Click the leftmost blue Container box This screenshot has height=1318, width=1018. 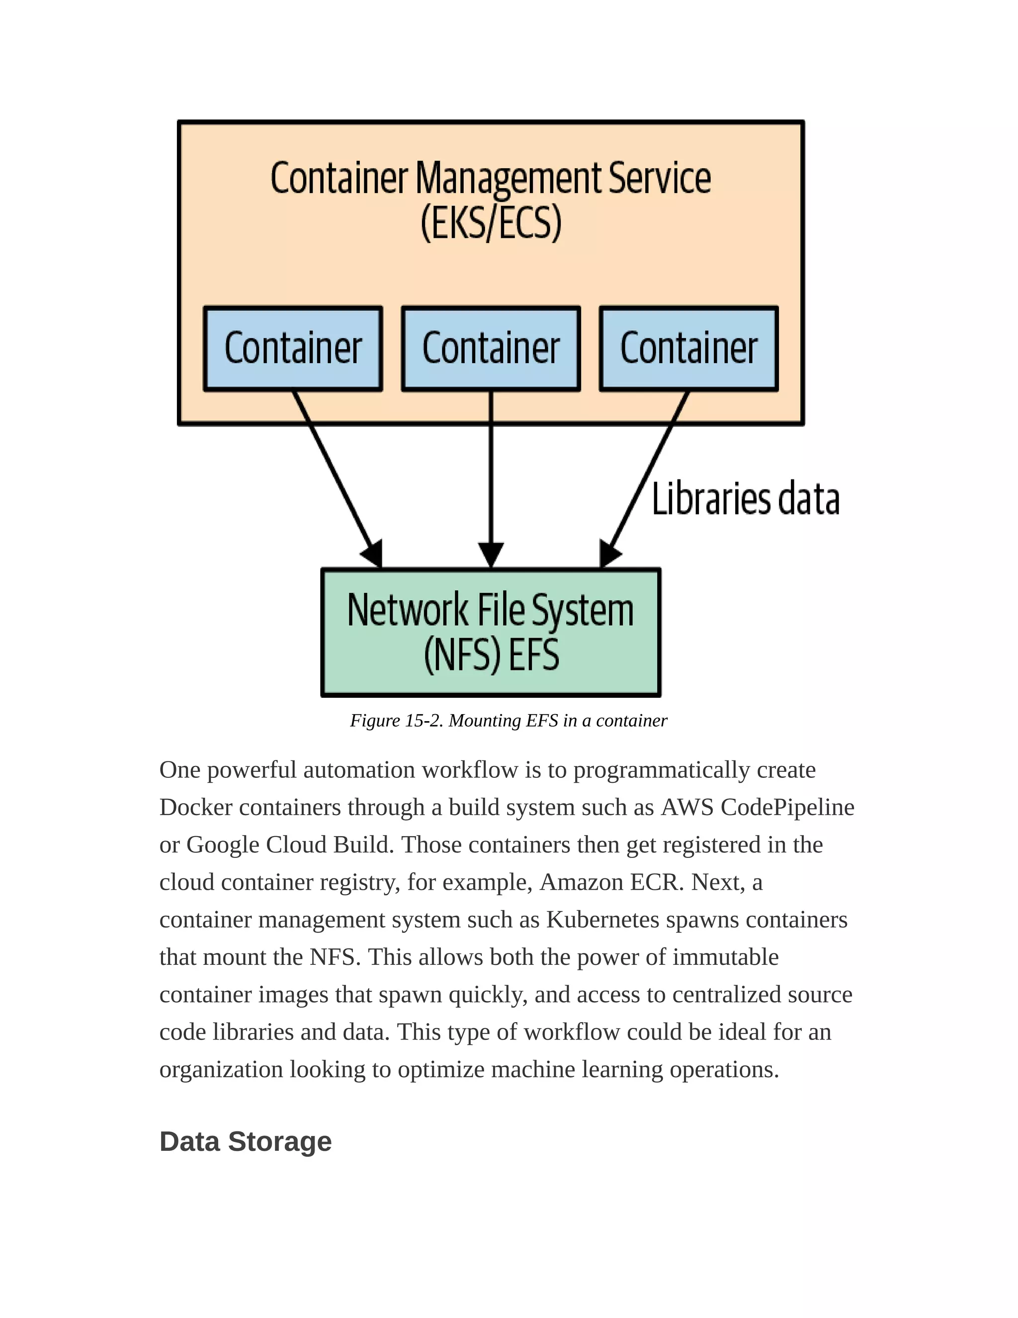(293, 349)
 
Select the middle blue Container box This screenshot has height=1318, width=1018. (491, 349)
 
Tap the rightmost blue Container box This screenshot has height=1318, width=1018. (689, 349)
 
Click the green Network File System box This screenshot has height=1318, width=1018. (491, 632)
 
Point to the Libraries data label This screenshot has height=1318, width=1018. (746, 500)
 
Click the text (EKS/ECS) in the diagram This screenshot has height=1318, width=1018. (491, 223)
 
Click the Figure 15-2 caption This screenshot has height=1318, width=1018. (509, 721)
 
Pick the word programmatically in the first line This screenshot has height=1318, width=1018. (661, 770)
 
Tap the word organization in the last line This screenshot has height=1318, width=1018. (221, 1069)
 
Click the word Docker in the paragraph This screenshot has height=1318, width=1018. (195, 807)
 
